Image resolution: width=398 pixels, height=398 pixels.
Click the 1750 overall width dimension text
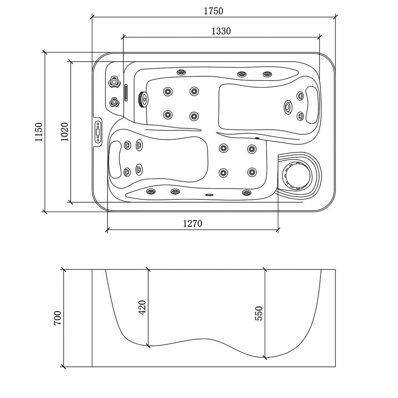(x=213, y=11)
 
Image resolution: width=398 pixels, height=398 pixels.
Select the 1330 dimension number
(x=221, y=31)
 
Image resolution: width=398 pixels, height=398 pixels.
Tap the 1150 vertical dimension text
(x=38, y=133)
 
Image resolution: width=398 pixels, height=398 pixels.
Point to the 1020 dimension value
(x=65, y=132)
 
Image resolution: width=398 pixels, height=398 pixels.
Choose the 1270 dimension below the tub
(x=193, y=224)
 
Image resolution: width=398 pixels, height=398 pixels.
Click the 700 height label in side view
(x=58, y=318)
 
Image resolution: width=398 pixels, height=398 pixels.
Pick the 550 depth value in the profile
(x=259, y=314)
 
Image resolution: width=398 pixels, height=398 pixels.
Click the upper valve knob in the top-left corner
(x=115, y=82)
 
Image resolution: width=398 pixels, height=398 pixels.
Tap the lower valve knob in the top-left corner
(x=114, y=102)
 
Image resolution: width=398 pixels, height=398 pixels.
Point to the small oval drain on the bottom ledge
(x=209, y=195)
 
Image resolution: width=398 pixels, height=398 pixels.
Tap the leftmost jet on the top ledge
(x=181, y=72)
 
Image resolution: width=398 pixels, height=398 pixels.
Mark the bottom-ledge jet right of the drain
(x=246, y=193)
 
